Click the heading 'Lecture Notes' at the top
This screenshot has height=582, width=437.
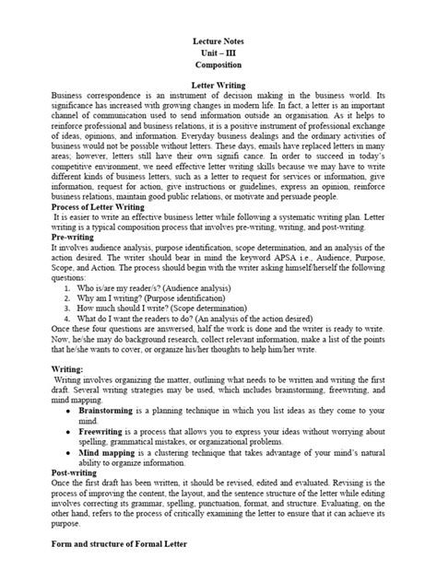tap(219, 41)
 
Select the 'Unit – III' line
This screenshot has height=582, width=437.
tap(219, 53)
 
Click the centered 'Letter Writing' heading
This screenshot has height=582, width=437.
tap(219, 85)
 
